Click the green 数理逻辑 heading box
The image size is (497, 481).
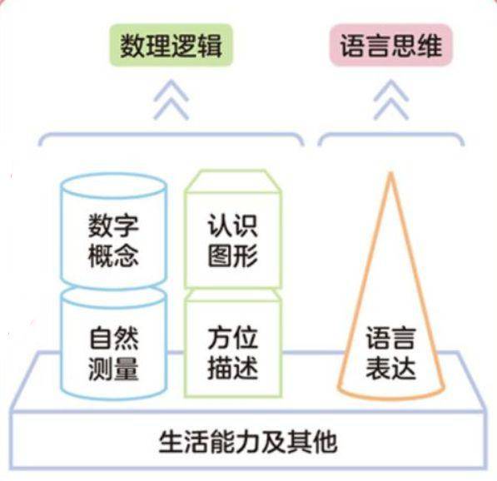171,45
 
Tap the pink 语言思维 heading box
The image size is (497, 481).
390,45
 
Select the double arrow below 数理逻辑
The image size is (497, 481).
171,100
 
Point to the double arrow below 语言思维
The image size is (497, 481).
391,100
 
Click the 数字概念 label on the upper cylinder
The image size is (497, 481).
113,240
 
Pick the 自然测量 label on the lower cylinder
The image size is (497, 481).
113,354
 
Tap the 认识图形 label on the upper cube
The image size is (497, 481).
232,240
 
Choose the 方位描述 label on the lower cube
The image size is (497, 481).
232,354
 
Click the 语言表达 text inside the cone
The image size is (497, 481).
390,354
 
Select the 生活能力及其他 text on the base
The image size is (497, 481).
248,443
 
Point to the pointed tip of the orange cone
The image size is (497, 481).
390,173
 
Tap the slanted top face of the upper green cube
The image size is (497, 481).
233,181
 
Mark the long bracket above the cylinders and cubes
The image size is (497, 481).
171,135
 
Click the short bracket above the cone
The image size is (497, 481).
391,135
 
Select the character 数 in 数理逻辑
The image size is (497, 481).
132,45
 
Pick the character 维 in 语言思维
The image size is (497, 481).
430,45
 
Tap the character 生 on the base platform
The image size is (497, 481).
171,443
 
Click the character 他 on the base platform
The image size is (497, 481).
325,443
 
